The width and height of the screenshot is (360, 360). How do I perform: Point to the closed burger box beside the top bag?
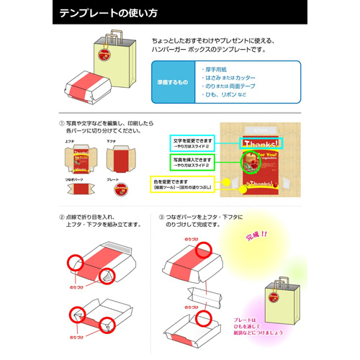(x=85, y=89)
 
